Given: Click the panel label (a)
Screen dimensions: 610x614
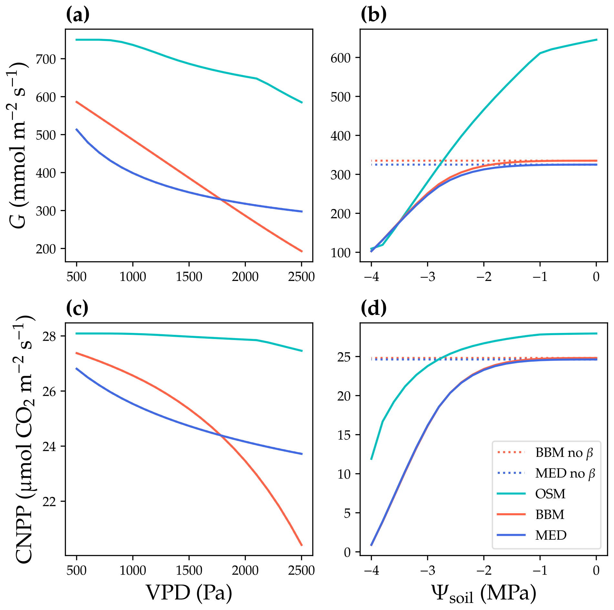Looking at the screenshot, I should pos(77,15).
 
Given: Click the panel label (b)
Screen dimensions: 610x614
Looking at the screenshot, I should pos(373,15).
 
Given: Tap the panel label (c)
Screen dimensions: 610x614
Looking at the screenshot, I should pos(77,308).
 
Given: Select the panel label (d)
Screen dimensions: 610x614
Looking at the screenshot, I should pos(374,308).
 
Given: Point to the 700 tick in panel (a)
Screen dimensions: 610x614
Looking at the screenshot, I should pos(46,59).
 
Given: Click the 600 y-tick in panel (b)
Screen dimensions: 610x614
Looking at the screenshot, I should pos(340,58).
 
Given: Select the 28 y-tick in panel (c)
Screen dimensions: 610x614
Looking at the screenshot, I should pos(49,336).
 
